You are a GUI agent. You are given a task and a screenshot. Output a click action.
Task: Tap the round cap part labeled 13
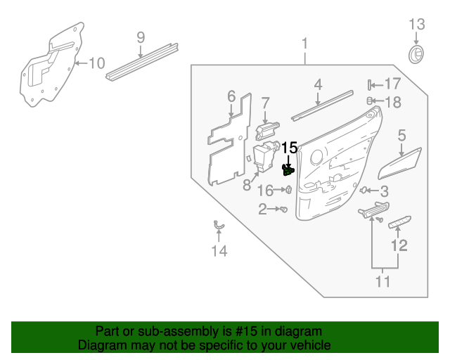[417, 54]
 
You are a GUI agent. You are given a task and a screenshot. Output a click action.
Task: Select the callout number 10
[96, 63]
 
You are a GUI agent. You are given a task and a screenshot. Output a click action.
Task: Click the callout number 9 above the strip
[140, 37]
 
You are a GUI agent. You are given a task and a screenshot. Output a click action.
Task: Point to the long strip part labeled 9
[141, 64]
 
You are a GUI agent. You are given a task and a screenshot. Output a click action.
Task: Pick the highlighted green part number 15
[288, 169]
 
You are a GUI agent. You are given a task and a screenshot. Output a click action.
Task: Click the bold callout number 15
[290, 148]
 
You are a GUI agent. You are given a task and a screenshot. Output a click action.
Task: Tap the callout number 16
[265, 190]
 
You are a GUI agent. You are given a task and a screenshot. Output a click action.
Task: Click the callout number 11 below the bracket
[382, 282]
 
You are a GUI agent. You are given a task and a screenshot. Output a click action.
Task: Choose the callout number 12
[399, 245]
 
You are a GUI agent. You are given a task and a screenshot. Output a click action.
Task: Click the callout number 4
[318, 84]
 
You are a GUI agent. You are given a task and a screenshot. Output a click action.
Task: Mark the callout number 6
[231, 96]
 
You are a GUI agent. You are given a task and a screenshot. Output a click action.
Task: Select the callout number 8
[247, 185]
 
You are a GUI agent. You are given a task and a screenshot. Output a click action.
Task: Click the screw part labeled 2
[283, 210]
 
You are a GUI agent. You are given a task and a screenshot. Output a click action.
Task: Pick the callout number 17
[392, 84]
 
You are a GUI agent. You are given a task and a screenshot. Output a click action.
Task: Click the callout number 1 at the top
[305, 44]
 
